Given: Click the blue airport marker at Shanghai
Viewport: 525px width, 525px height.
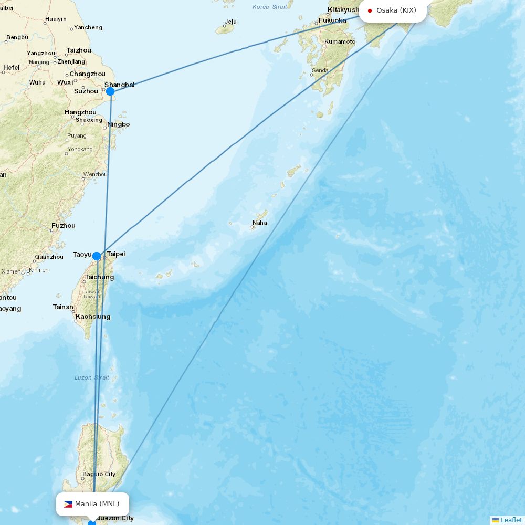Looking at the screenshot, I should pos(110,91).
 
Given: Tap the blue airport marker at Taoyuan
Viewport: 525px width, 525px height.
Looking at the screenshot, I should pos(97,256).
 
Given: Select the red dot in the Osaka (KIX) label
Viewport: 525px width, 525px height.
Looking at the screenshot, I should pos(370,10).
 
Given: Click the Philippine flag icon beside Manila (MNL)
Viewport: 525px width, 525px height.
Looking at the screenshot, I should pos(68,504).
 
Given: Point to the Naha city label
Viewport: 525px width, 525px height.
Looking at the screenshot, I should pos(259,223).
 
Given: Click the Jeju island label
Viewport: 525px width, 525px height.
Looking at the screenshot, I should pos(230,22).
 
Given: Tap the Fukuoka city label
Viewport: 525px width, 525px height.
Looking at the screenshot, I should pos(332,20).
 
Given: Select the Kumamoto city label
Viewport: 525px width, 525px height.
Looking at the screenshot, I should pos(340,41).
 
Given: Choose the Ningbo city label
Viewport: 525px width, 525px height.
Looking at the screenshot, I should pos(118,124).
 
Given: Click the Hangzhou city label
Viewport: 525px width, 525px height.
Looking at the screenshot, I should pos(80,112).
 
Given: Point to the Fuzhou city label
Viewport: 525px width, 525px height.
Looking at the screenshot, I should pos(64,226).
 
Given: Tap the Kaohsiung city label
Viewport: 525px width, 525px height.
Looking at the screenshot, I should pos(93,316).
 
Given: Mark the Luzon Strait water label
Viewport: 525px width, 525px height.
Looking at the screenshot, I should pos(91,377).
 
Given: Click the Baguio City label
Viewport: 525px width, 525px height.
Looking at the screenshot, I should pos(99,474).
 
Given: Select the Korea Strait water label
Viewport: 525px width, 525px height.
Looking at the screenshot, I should pos(270,7).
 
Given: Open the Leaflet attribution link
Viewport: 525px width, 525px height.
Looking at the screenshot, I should pos(511,520).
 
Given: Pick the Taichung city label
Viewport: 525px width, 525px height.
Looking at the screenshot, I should pos(99,277).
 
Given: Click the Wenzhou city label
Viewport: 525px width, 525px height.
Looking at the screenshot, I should pos(95,174).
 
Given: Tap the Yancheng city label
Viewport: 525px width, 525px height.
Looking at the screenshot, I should pos(88,27).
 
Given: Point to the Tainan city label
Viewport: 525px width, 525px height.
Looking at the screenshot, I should pos(63,307).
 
